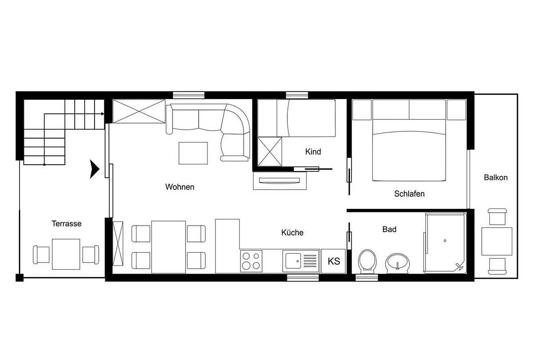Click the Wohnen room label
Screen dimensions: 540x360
coord(180,187)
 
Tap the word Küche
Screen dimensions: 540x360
coord(292,233)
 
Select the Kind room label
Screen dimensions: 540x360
coord(313,152)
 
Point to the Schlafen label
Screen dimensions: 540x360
coord(409,193)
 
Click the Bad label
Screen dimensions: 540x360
coord(389,229)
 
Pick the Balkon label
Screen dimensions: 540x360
coord(495,177)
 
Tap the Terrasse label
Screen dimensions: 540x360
coord(67,224)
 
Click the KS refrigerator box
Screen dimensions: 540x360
coord(333,261)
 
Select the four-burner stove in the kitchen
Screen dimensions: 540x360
coord(251,261)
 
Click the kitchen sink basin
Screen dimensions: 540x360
coord(293,261)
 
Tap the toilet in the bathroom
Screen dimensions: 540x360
coord(367,262)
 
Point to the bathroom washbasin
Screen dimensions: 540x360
coord(397,263)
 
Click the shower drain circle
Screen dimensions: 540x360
coord(445,240)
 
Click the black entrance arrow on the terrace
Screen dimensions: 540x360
coord(94,169)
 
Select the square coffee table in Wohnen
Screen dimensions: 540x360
coord(193,153)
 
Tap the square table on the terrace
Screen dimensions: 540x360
coord(66,254)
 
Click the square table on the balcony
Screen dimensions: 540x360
coord(497,241)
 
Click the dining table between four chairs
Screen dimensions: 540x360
coord(168,247)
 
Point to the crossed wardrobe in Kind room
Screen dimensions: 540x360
coord(270,152)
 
